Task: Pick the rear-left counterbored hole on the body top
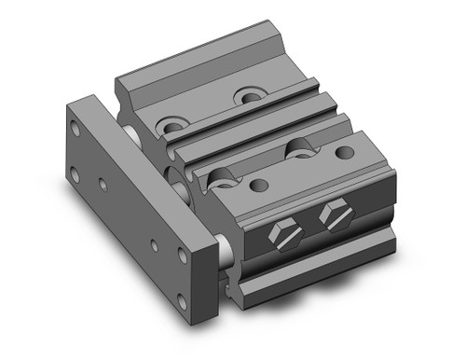172,124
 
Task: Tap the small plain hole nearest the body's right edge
344,152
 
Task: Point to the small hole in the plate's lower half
156,245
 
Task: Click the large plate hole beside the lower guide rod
183,254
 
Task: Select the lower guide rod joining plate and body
223,249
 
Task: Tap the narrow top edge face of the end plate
89,100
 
